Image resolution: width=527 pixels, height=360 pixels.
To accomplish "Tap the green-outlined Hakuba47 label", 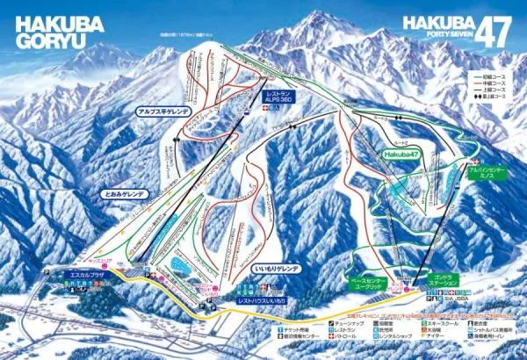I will click(400, 154).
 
